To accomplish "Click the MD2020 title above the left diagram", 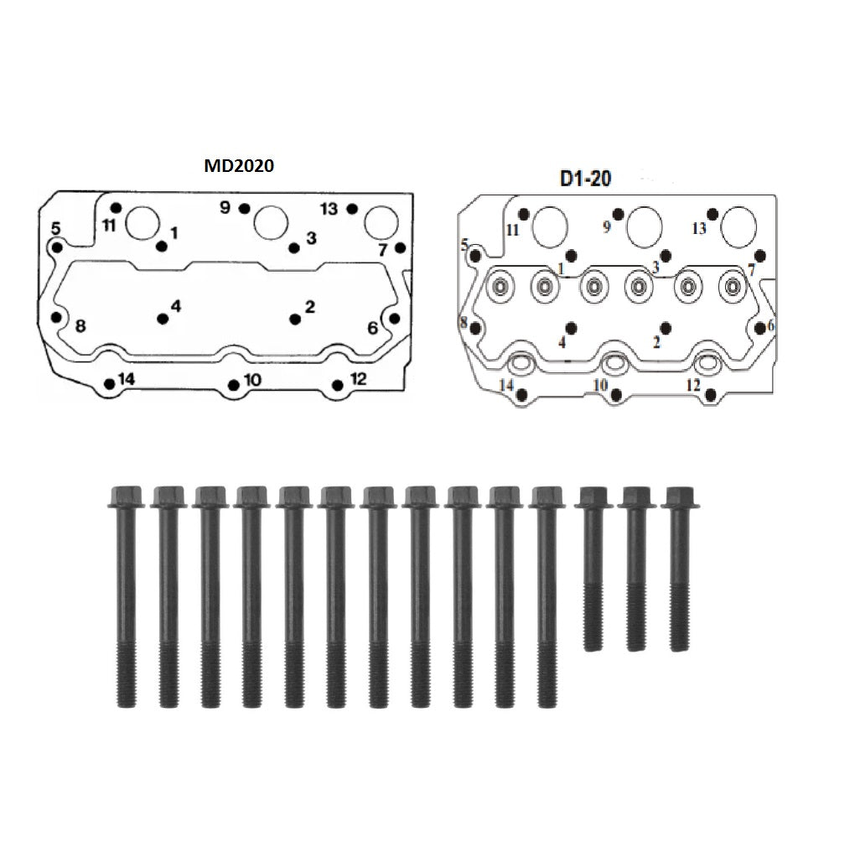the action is (239, 165).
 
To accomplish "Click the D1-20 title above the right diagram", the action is (585, 179).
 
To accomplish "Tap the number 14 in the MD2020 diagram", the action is (126, 379).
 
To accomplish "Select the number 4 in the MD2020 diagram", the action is (175, 306).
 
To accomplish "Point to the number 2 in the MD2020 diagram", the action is (310, 306).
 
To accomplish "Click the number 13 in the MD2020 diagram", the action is (329, 209).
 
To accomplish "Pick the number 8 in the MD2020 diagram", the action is (80, 326).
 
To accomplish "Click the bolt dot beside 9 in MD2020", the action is (245, 209).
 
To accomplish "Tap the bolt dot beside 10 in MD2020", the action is (234, 384).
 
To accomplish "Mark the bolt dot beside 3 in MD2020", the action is (294, 248).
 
